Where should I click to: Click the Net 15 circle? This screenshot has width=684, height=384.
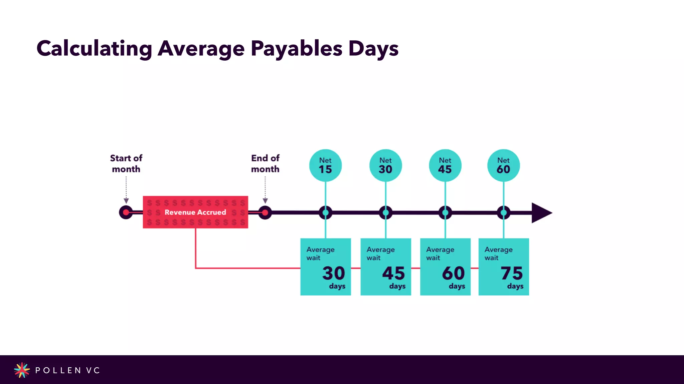pyautogui.click(x=325, y=165)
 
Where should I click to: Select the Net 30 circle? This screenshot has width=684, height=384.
pyautogui.click(x=385, y=165)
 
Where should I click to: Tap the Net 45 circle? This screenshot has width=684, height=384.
pyautogui.click(x=445, y=165)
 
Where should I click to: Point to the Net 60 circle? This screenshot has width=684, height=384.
pyautogui.click(x=503, y=165)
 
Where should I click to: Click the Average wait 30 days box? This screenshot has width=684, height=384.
pyautogui.click(x=325, y=267)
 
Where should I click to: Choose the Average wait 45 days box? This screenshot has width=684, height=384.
pyautogui.click(x=385, y=267)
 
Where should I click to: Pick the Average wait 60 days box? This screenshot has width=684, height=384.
pyautogui.click(x=445, y=267)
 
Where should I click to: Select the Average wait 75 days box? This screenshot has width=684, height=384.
pyautogui.click(x=503, y=267)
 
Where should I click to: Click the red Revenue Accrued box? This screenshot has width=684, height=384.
pyautogui.click(x=195, y=212)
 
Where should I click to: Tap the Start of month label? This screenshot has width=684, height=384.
pyautogui.click(x=126, y=163)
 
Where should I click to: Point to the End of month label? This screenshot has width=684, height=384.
pyautogui.click(x=265, y=163)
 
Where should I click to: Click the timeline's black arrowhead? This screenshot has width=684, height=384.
pyautogui.click(x=541, y=213)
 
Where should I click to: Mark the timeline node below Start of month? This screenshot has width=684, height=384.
pyautogui.click(x=126, y=212)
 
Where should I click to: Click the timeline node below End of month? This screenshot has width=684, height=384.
pyautogui.click(x=265, y=213)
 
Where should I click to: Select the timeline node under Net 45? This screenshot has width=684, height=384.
pyautogui.click(x=445, y=213)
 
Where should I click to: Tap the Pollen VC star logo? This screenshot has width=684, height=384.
pyautogui.click(x=22, y=370)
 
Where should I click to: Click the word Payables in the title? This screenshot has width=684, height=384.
pyautogui.click(x=297, y=49)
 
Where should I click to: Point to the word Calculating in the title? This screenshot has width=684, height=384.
pyautogui.click(x=94, y=49)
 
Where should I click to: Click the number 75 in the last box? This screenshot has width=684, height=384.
pyautogui.click(x=511, y=273)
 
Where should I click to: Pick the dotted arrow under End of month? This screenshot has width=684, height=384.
pyautogui.click(x=265, y=190)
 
